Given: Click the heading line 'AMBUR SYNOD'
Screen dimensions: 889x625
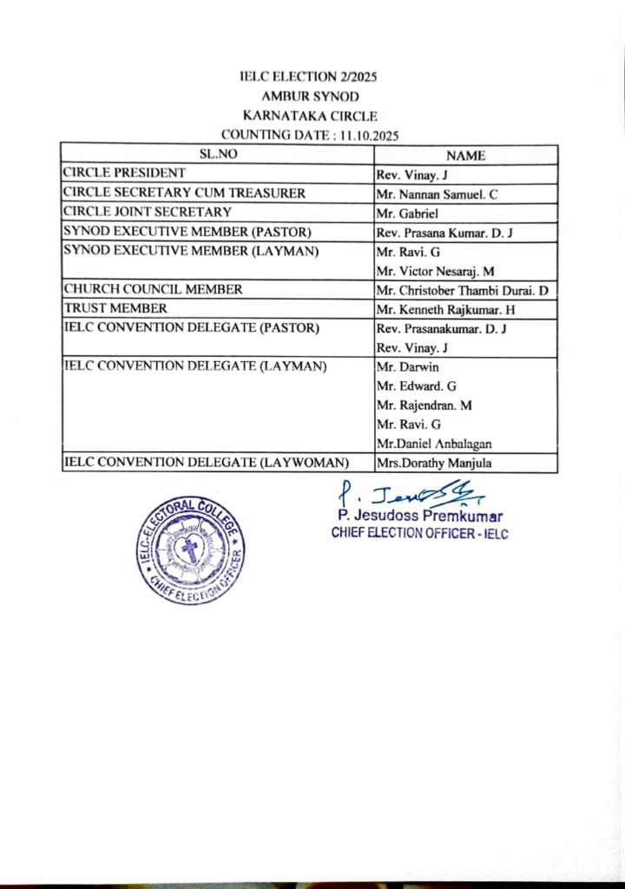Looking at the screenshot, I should [312, 96].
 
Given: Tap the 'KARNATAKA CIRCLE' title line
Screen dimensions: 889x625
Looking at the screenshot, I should [312, 115].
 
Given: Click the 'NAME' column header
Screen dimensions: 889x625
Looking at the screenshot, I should [465, 155].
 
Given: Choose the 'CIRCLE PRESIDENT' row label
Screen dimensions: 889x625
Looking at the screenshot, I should [123, 173].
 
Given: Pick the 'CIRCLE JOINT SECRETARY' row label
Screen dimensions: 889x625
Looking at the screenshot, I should [148, 212].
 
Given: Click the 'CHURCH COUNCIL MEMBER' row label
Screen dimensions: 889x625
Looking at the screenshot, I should [153, 289].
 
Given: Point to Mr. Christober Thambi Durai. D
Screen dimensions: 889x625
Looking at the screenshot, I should [464, 290].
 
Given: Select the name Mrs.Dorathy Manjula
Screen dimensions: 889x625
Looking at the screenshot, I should [434, 464].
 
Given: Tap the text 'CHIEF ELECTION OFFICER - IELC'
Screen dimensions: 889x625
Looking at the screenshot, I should [419, 533].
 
